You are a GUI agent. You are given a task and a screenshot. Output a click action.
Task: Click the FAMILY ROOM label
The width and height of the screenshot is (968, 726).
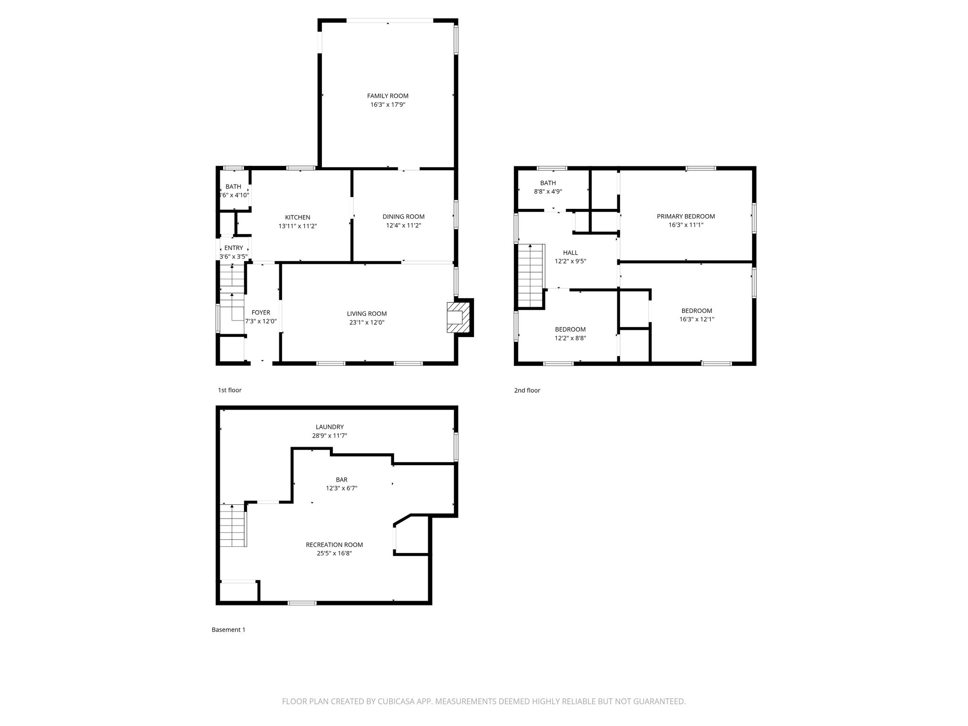click(x=388, y=96)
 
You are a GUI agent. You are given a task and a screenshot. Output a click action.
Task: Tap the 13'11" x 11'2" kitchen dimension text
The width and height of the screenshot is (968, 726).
click(x=297, y=226)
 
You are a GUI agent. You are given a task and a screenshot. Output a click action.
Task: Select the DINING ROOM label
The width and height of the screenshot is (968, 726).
click(x=404, y=217)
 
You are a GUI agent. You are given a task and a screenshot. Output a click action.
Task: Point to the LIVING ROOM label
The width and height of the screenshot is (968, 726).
click(x=367, y=314)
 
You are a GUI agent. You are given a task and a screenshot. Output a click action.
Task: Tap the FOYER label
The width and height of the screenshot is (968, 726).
click(x=261, y=312)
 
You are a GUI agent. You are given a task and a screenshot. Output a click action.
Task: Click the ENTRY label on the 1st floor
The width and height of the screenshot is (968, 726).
click(x=233, y=248)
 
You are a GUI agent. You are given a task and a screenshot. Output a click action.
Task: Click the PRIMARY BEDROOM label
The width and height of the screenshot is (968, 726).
click(x=686, y=216)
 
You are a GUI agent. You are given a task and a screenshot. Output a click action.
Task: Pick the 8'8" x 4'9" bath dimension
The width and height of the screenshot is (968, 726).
click(x=548, y=192)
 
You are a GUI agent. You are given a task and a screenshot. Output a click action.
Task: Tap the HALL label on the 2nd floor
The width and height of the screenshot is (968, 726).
click(x=570, y=253)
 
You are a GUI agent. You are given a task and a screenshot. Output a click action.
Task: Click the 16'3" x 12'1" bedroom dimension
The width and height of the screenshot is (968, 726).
click(x=697, y=320)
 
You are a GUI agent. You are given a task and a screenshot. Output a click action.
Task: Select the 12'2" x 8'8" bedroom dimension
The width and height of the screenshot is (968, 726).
click(x=570, y=338)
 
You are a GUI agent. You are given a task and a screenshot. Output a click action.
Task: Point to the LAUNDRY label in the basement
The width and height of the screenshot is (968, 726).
click(x=329, y=427)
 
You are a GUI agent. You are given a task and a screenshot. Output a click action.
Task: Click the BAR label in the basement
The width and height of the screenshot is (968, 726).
click(x=341, y=480)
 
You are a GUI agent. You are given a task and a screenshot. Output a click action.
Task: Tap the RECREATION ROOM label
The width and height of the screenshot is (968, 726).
click(x=334, y=545)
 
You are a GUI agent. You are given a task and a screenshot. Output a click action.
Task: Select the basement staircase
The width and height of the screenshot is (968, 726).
click(x=233, y=525)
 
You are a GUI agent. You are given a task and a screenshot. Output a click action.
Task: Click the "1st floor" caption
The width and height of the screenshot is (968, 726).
click(x=230, y=390)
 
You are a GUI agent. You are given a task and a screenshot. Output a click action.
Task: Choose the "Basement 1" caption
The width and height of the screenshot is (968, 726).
click(x=228, y=630)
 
